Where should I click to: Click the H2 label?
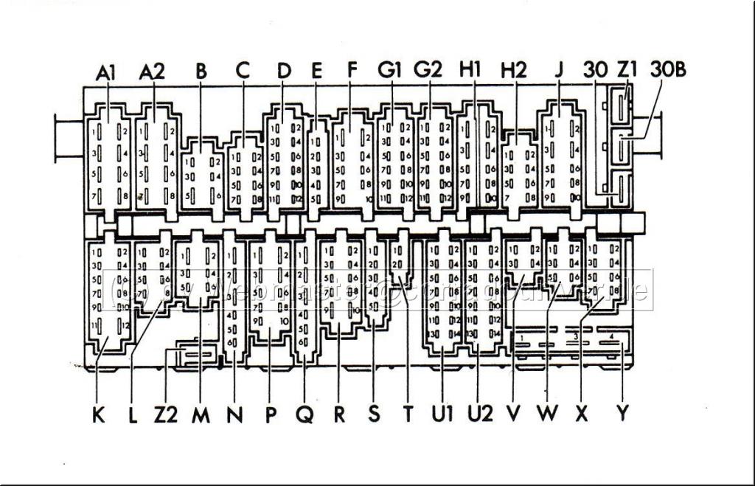pos(514,72)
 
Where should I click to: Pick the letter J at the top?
pos(559,72)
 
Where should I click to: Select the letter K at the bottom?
pos(99,415)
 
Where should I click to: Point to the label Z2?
pos(166,415)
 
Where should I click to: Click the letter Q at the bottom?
pos(304,415)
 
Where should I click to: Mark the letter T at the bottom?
pos(407,415)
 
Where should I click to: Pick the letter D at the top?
pos(284,72)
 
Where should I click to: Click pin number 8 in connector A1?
pos(126,197)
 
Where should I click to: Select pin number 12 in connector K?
pos(126,326)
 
